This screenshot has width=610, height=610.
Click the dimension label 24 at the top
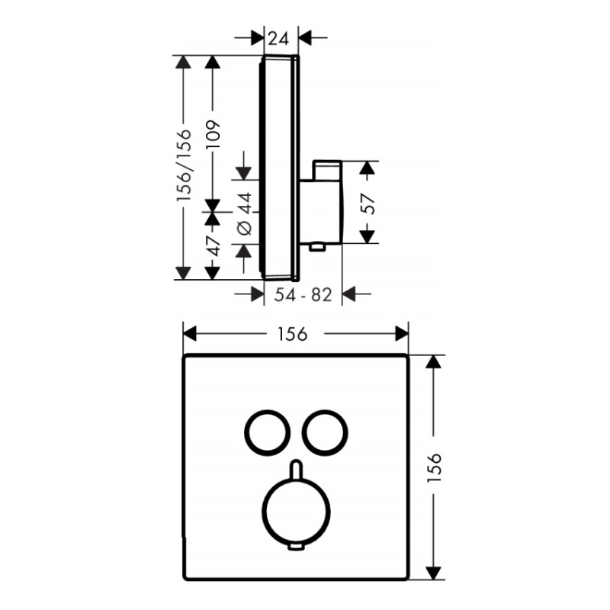(278, 39)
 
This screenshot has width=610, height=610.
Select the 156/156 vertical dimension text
(184, 165)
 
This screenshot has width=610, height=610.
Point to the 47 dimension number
(213, 246)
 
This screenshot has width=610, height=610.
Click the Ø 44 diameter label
(244, 214)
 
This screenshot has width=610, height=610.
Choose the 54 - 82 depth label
(303, 295)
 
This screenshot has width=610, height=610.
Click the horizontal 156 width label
(293, 334)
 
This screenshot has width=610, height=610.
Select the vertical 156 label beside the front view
(434, 467)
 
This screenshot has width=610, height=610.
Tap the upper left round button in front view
(246, 432)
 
